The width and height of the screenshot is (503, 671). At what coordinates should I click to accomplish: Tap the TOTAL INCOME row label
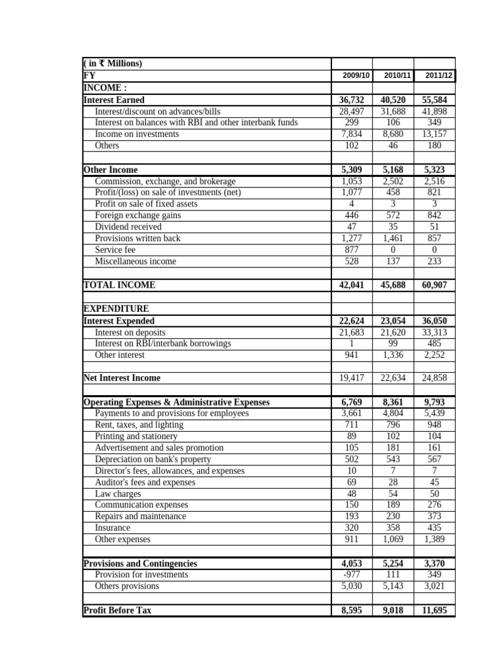(119, 285)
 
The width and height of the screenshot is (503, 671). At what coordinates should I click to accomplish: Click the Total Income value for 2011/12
(435, 285)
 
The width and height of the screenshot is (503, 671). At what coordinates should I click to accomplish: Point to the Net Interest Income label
(122, 378)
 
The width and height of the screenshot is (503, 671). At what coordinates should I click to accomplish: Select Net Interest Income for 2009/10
(352, 378)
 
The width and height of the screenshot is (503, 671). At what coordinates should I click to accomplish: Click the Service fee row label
(115, 250)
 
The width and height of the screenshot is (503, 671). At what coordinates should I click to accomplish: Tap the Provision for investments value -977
(352, 575)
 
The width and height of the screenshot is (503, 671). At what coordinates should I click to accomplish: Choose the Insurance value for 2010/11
(393, 527)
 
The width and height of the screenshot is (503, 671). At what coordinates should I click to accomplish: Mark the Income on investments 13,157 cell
(435, 134)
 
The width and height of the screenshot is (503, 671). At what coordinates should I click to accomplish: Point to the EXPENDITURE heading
(117, 309)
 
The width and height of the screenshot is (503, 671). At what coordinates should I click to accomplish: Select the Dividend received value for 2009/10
(352, 227)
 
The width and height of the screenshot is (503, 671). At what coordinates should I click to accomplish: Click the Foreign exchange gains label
(138, 215)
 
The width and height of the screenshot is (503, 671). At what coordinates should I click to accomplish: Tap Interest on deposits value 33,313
(435, 332)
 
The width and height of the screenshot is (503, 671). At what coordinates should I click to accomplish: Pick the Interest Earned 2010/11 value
(393, 100)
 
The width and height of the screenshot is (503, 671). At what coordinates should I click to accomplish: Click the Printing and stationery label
(136, 436)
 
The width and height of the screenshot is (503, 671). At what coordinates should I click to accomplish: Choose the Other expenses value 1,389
(435, 539)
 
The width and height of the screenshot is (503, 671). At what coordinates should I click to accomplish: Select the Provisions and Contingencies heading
(141, 564)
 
